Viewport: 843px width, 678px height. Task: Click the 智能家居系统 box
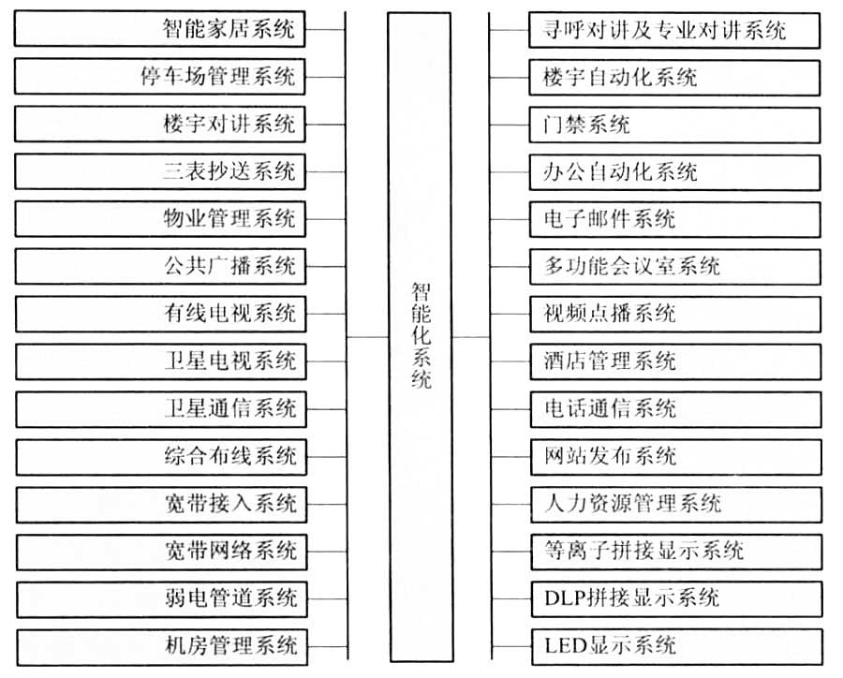click(x=159, y=28)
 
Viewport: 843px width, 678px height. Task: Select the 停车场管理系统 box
click(x=159, y=77)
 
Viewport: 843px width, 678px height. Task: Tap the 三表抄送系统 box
click(x=160, y=171)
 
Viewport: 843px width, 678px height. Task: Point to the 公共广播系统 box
click(x=161, y=266)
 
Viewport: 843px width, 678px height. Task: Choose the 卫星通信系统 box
click(x=161, y=409)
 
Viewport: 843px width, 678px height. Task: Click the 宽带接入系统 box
click(x=161, y=505)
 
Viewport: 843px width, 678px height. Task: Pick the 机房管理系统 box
click(x=162, y=647)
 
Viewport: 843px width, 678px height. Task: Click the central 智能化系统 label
click(x=421, y=335)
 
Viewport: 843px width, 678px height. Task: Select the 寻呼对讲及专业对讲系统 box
click(x=674, y=30)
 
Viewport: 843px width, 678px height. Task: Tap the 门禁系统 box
click(x=674, y=125)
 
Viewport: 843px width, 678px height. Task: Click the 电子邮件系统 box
click(x=675, y=219)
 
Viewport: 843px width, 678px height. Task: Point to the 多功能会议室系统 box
click(x=675, y=267)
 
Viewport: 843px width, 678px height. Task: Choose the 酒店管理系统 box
click(x=675, y=361)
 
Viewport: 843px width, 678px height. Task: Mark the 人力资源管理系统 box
click(x=676, y=505)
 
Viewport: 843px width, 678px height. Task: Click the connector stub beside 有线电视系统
click(x=326, y=314)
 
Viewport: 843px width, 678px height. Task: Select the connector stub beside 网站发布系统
click(x=510, y=457)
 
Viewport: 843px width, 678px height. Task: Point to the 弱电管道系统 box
click(x=162, y=599)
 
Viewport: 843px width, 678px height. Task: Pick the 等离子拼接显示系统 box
click(x=676, y=552)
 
